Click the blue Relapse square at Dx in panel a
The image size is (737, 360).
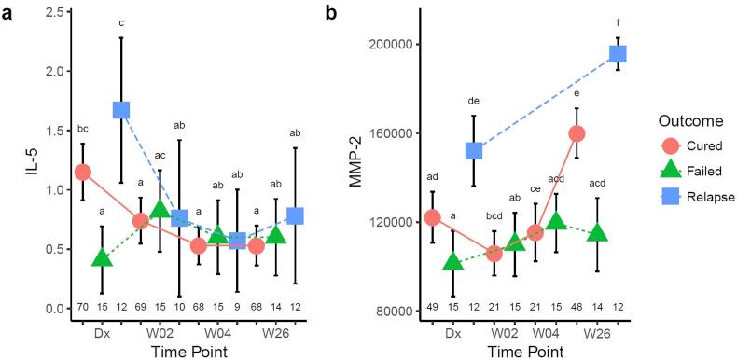coord(121,110)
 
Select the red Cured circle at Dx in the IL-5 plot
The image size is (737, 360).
coord(83,172)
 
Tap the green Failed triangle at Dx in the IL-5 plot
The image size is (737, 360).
coord(103,257)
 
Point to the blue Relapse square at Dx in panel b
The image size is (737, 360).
coord(474,150)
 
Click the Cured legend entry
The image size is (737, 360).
coord(688,146)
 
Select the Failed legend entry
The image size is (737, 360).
coord(688,171)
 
